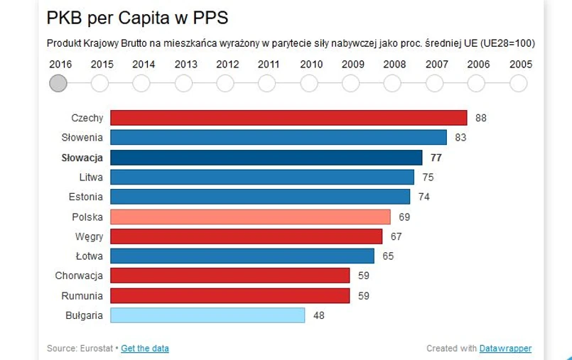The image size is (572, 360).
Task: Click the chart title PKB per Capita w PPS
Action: (x=137, y=17)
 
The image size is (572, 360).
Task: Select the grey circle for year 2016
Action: (x=58, y=83)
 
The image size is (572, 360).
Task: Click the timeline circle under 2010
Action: (x=309, y=83)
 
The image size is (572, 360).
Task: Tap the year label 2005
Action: (x=521, y=64)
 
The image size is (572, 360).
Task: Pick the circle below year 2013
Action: (x=183, y=83)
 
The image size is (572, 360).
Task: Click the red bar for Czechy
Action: (x=288, y=118)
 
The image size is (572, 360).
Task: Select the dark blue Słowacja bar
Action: (x=266, y=158)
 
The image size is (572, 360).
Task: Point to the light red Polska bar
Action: (x=250, y=217)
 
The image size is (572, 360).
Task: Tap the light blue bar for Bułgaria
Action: (x=207, y=315)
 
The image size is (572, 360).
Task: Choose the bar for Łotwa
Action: (x=242, y=256)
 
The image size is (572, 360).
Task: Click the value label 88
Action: (x=481, y=118)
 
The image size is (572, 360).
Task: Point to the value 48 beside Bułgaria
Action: (x=318, y=315)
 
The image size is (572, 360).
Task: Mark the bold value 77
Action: (x=436, y=158)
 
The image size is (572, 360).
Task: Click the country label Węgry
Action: (x=89, y=236)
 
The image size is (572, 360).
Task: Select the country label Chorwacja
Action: (x=79, y=276)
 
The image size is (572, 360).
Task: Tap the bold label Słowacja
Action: (x=82, y=158)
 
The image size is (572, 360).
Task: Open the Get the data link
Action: (x=145, y=349)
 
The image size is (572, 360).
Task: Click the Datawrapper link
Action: (x=505, y=349)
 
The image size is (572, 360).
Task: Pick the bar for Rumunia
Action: (x=230, y=295)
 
